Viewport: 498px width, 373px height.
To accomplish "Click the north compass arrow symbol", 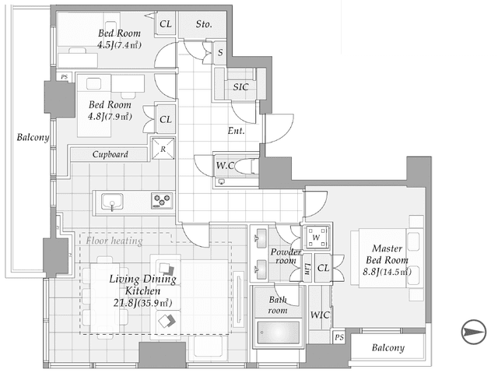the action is pyautogui.click(x=474, y=332).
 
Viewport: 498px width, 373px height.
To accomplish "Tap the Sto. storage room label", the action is pyautogui.click(x=204, y=24).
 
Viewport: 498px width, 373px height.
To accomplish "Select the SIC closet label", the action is pyautogui.click(x=240, y=86).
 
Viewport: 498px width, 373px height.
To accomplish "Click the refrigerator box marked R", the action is pyautogui.click(x=163, y=149).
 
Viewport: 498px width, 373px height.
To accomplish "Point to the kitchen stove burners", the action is pyautogui.click(x=162, y=201).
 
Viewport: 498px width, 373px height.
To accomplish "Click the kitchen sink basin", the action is pyautogui.click(x=112, y=202).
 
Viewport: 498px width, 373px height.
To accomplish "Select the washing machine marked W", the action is pyautogui.click(x=316, y=238).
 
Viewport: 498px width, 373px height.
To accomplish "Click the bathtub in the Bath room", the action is pyautogui.click(x=279, y=333).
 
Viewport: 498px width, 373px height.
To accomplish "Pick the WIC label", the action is pyautogui.click(x=320, y=315).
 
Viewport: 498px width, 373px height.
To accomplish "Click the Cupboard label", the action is pyautogui.click(x=110, y=154).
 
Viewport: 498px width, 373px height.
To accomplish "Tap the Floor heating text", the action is pyautogui.click(x=114, y=241).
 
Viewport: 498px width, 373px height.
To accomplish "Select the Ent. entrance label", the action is pyautogui.click(x=236, y=131).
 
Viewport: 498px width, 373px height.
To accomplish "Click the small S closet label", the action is pyautogui.click(x=220, y=52).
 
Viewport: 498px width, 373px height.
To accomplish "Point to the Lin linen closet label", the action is pyautogui.click(x=307, y=269).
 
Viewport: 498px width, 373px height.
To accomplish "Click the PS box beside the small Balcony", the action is pyautogui.click(x=339, y=337).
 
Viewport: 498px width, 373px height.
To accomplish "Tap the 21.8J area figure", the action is pyautogui.click(x=125, y=303).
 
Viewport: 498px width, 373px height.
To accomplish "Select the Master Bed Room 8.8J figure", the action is pyautogui.click(x=371, y=272).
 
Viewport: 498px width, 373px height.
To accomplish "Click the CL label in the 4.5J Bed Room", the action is pyautogui.click(x=166, y=24).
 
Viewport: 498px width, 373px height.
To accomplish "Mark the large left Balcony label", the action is pyautogui.click(x=33, y=137).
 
